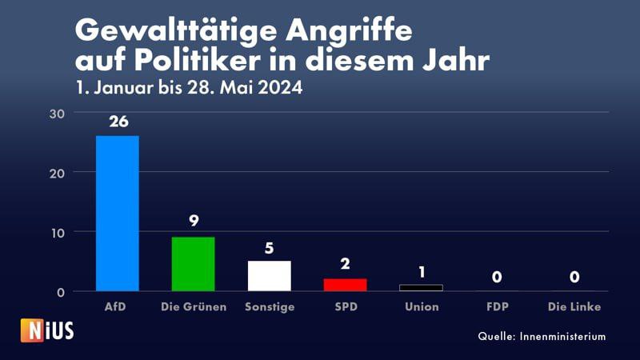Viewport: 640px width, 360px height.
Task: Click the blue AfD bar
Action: [117, 213]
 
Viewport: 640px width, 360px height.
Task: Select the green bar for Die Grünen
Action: [193, 264]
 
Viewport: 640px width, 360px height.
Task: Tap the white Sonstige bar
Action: [269, 275]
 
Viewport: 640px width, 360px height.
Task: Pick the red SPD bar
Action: [345, 284]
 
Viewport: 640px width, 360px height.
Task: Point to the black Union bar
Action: [421, 287]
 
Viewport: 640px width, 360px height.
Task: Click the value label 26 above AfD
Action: [118, 123]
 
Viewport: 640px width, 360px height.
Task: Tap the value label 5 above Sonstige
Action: [269, 248]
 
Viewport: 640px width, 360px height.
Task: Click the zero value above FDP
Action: [497, 278]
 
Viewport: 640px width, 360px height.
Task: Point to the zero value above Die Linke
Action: [573, 278]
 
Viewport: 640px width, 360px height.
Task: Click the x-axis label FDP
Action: [497, 306]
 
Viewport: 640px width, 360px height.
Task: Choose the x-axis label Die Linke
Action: [573, 306]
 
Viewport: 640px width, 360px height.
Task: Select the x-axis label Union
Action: [421, 306]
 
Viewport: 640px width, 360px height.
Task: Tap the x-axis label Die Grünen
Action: [193, 306]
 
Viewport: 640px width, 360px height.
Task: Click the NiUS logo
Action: [47, 330]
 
